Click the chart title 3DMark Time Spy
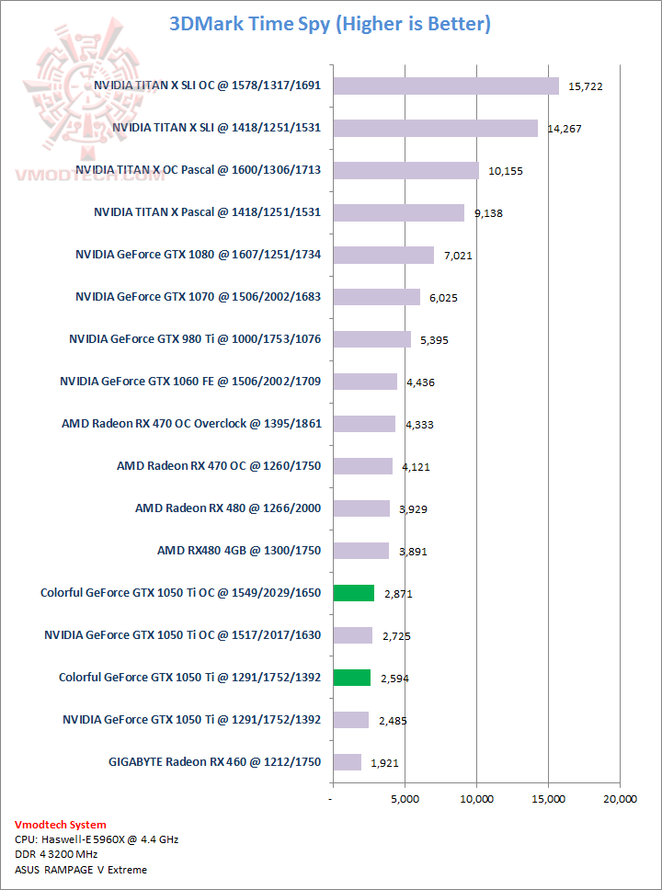click(330, 24)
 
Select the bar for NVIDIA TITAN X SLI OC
click(445, 86)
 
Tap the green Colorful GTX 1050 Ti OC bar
click(353, 593)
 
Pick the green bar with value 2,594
click(351, 678)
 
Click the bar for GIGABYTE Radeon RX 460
click(347, 762)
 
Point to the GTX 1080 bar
click(382, 255)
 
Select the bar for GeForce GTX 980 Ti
click(371, 339)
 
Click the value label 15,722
click(587, 86)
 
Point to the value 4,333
click(418, 425)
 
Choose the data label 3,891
click(413, 552)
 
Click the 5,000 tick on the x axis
click(405, 799)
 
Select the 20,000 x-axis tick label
click(619, 799)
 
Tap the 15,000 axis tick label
click(548, 799)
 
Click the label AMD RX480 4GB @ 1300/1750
click(239, 551)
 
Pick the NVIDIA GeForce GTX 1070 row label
click(198, 297)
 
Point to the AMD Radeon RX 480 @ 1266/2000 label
click(228, 508)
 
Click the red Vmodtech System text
click(61, 825)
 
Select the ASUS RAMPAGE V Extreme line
click(81, 869)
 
